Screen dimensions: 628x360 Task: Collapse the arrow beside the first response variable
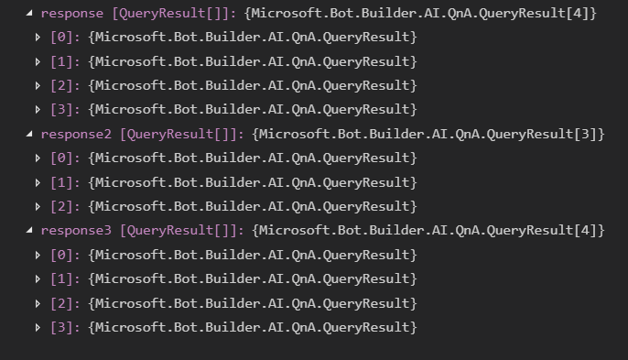(x=31, y=14)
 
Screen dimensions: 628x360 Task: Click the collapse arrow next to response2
(x=31, y=134)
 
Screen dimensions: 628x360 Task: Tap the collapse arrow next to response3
(x=31, y=231)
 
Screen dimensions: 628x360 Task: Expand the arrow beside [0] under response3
(x=38, y=255)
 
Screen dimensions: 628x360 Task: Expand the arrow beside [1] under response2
(x=38, y=182)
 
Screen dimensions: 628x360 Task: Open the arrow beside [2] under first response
(x=38, y=85)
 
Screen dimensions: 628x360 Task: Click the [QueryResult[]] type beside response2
(x=179, y=134)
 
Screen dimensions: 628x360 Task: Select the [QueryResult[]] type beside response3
(x=179, y=231)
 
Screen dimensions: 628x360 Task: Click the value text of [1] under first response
(x=252, y=61)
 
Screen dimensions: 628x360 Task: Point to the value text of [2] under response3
(x=252, y=303)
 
